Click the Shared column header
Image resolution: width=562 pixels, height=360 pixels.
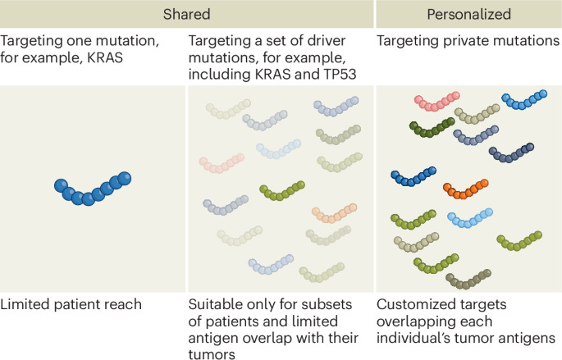pyautogui.click(x=186, y=14)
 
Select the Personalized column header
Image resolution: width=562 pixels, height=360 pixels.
pyautogui.click(x=468, y=14)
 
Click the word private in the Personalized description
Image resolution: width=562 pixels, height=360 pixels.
pyautogui.click(x=466, y=41)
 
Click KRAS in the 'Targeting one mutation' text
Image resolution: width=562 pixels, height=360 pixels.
pyautogui.click(x=105, y=57)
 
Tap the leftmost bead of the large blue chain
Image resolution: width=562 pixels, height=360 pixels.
pyautogui.click(x=61, y=185)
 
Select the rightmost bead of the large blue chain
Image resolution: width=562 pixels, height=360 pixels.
pyautogui.click(x=125, y=179)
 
